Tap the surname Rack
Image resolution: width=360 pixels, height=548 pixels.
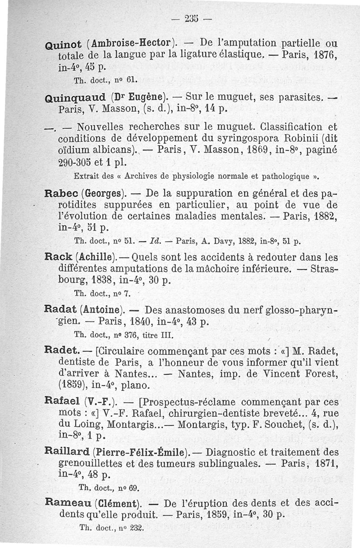[58, 258]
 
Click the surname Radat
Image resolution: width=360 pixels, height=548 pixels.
[60, 310]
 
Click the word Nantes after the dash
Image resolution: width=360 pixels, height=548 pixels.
[199, 373]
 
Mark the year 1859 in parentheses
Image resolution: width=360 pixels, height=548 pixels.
[73, 385]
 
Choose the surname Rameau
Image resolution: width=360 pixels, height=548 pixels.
[67, 503]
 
